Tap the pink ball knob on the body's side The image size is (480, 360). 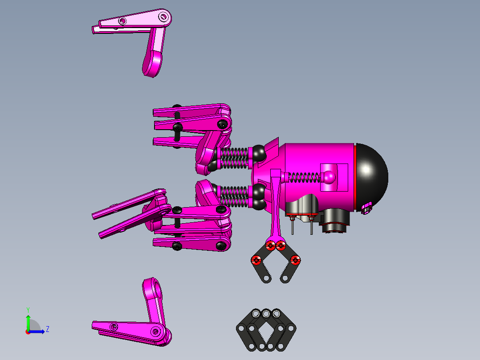click(x=329, y=177)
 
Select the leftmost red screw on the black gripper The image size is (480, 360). click(x=256, y=260)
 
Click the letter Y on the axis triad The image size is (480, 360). click(x=28, y=309)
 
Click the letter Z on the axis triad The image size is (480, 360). click(x=47, y=329)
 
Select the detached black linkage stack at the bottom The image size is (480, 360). click(x=266, y=330)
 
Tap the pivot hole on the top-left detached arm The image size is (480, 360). click(x=163, y=17)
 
